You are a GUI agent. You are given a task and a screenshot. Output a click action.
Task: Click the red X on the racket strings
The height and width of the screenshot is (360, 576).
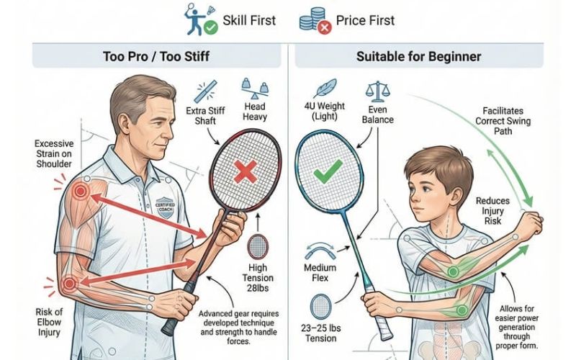(246, 172)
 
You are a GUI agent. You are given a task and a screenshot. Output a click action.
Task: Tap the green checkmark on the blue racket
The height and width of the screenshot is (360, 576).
(328, 171)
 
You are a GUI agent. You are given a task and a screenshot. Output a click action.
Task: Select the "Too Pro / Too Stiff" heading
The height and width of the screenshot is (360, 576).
(156, 57)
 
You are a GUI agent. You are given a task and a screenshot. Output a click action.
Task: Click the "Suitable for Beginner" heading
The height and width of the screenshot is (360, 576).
(419, 57)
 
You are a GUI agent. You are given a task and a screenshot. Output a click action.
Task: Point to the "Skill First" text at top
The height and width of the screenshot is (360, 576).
(249, 20)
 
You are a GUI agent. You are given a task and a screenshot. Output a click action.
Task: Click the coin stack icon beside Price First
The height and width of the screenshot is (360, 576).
(311, 19)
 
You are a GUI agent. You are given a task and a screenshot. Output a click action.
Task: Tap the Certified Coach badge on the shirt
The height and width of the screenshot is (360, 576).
(165, 207)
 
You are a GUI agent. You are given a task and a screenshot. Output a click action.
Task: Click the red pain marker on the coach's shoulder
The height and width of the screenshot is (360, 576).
(79, 192)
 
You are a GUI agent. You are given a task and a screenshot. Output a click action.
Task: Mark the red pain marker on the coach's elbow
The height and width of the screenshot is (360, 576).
(69, 284)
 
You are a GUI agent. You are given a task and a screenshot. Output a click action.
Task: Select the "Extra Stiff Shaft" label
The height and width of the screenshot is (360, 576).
(205, 116)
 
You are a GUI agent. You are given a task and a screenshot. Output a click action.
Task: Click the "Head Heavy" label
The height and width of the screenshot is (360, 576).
(255, 112)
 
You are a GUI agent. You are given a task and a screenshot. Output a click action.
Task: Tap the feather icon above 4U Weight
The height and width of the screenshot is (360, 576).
(325, 88)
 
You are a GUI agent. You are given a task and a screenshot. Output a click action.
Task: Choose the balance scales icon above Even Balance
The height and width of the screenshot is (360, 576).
(377, 91)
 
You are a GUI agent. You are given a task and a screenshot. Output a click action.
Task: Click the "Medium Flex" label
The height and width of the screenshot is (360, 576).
(320, 273)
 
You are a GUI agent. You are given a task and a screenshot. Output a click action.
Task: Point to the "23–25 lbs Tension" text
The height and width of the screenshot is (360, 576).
(320, 333)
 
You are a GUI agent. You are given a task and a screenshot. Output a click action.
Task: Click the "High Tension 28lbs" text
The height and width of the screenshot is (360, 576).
(258, 278)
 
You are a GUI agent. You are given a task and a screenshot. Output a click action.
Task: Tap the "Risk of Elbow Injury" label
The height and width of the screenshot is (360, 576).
(49, 322)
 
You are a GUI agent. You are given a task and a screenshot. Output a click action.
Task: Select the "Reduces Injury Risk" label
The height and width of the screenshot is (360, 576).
(492, 211)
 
